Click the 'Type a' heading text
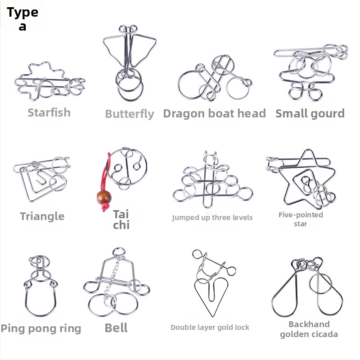[22, 18]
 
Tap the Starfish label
[49, 112]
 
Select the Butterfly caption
[130, 114]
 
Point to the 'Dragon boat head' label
[215, 113]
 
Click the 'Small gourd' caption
[310, 113]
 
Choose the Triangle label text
[42, 216]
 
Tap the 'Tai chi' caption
[121, 220]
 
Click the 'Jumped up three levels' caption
[212, 217]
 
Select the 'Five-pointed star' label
[301, 219]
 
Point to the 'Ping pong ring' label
[41, 328]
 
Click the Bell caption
[116, 328]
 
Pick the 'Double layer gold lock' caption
[210, 328]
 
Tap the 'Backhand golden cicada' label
[309, 329]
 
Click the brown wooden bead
[104, 197]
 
